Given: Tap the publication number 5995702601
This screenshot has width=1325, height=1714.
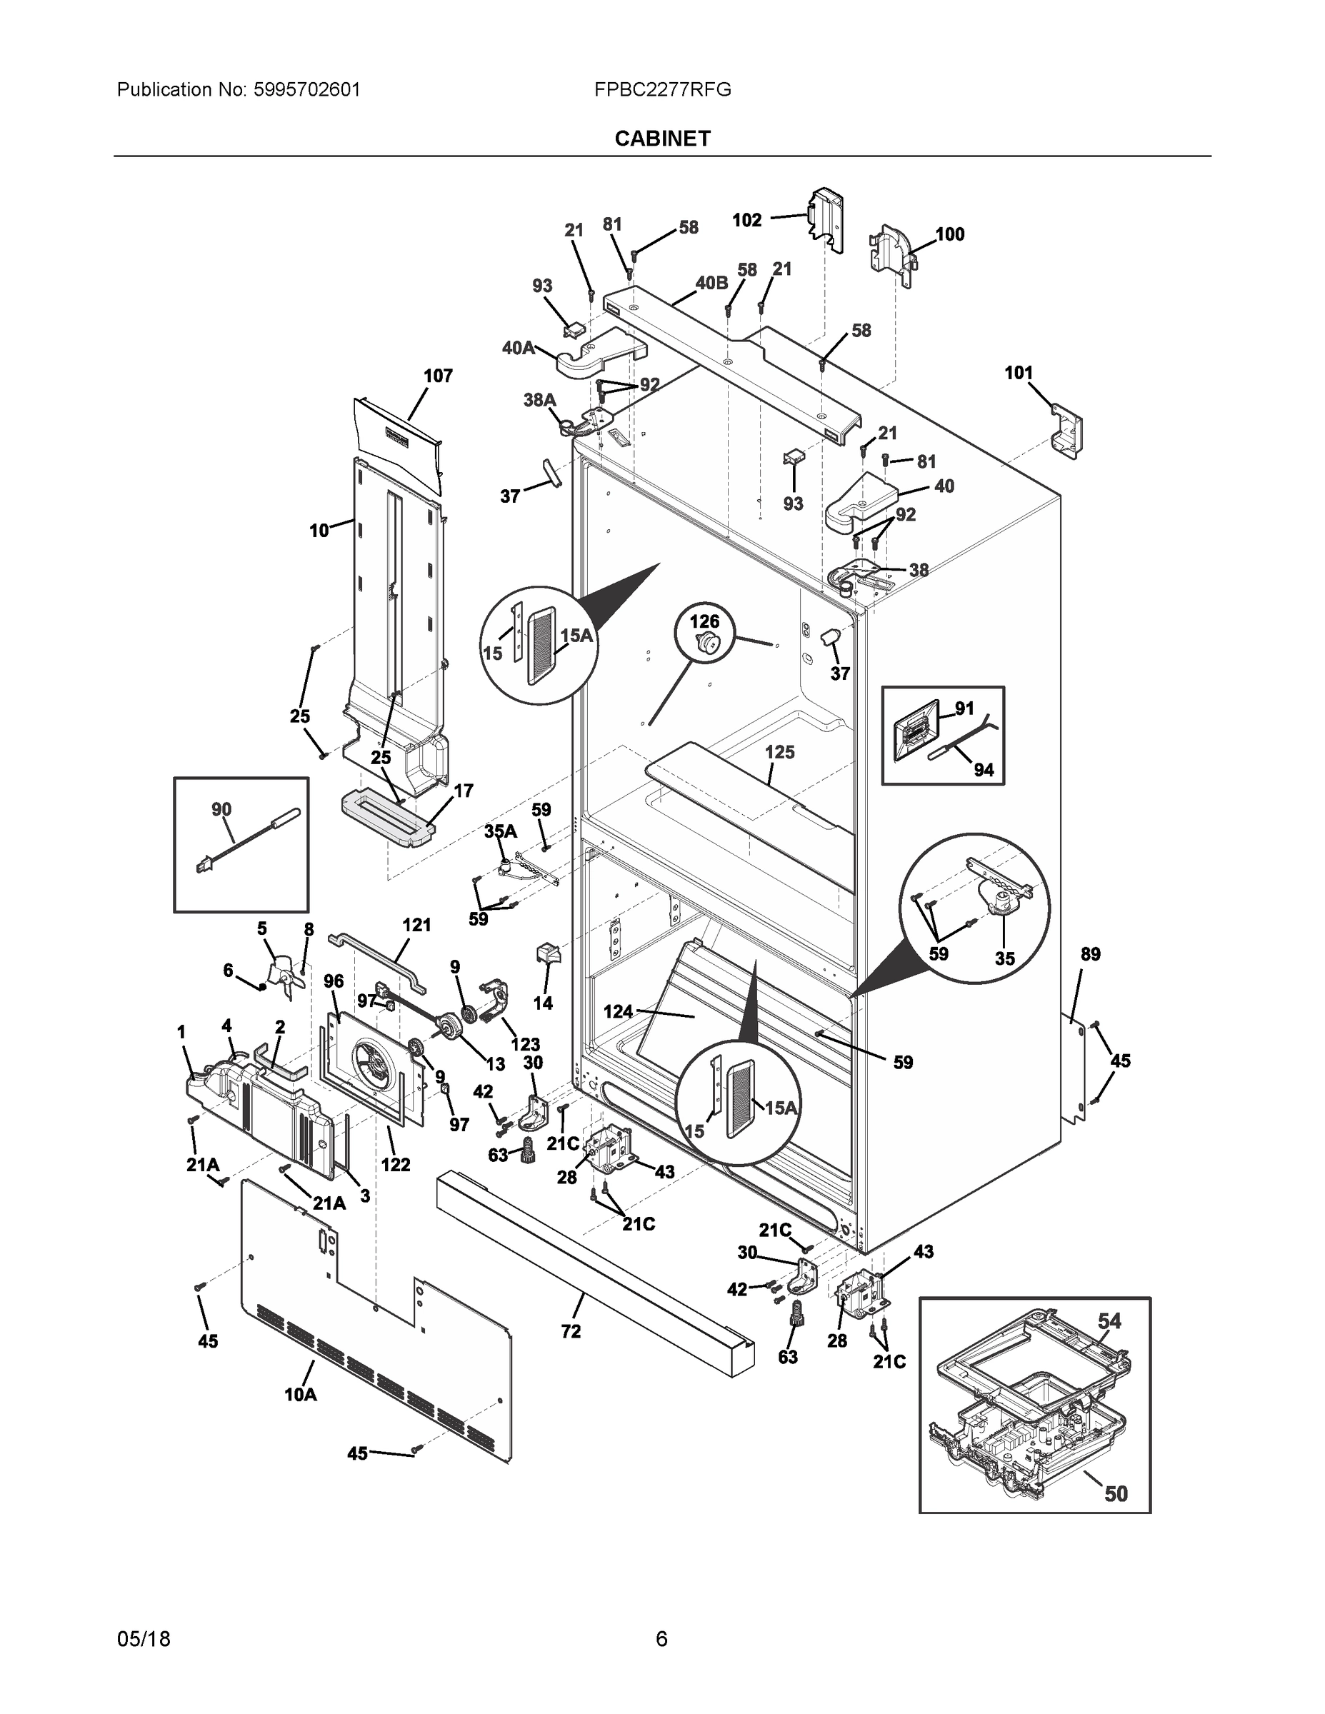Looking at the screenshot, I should [307, 89].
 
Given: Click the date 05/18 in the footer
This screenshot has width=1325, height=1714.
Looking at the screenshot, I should [144, 1639].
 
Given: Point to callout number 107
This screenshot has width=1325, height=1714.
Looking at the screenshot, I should [438, 376].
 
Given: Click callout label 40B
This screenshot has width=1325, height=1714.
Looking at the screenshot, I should [711, 284].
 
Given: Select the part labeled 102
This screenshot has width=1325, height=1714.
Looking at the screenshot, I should [826, 219].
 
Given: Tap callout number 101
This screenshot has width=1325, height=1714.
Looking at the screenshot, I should [1019, 373].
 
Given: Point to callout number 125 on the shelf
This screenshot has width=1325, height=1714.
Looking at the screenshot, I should [779, 752].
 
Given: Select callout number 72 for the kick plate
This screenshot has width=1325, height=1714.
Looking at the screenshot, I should [571, 1331].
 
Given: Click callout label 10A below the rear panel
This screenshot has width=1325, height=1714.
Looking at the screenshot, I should [300, 1395].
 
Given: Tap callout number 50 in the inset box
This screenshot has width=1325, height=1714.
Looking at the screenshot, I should [1116, 1493].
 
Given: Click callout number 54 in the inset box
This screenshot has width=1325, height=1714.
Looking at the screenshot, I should [1109, 1320].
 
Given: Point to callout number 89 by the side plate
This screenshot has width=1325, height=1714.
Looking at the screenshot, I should [1090, 954].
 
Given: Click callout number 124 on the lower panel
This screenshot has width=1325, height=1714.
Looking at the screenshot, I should [618, 1011].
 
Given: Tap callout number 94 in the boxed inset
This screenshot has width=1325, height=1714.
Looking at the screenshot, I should [984, 770].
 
